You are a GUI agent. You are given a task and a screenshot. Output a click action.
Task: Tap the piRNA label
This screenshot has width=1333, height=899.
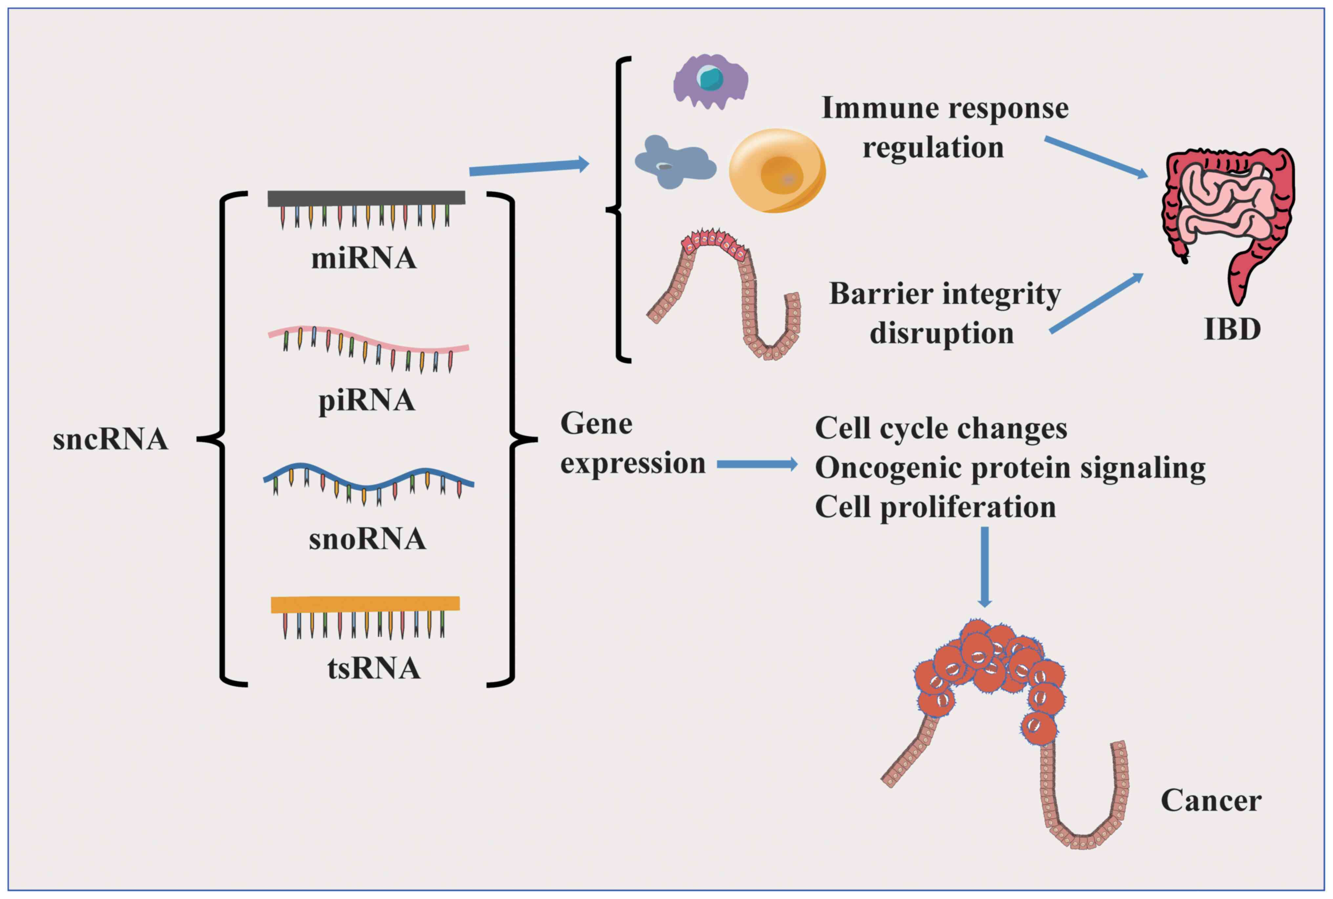click(366, 400)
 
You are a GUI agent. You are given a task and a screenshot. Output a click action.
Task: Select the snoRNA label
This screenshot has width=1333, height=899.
click(367, 539)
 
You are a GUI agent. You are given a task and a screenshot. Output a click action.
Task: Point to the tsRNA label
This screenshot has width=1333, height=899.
click(374, 668)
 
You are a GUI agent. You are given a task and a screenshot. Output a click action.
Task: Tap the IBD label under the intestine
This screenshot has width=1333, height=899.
click(1232, 329)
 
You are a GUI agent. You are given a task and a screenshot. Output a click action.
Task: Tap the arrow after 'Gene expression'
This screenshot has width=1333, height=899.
click(757, 464)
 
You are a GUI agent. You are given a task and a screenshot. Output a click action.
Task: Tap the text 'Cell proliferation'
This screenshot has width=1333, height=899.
click(935, 507)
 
